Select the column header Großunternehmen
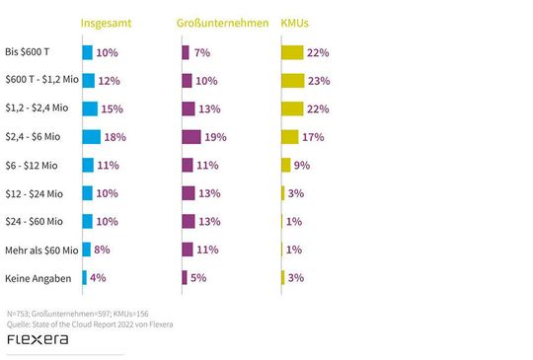223,23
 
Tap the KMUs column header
298,23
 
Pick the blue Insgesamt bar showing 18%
92,137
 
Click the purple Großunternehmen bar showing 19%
191,137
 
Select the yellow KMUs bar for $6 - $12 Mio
286,166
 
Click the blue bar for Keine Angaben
85,279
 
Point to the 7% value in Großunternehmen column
202,52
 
